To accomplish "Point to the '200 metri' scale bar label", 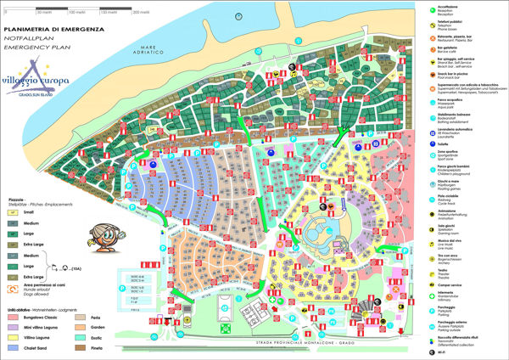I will tap(155, 14).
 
